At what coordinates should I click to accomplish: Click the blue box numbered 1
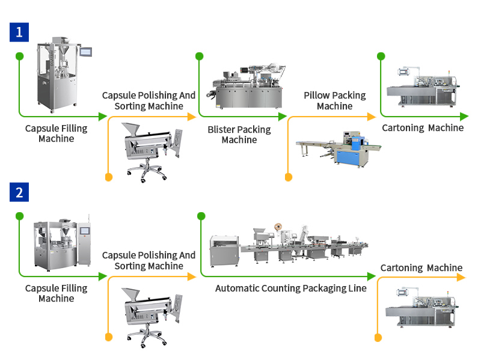point(19,32)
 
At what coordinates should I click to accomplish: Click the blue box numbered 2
point(19,192)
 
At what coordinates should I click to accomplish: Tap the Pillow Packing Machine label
point(334,100)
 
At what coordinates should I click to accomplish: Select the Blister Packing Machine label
point(239,135)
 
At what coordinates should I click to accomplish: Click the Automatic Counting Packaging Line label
point(291,288)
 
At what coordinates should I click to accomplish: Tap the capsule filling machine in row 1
point(58,72)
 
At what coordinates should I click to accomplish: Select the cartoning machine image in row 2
point(422,307)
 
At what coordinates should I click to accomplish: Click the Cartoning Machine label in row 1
point(423,127)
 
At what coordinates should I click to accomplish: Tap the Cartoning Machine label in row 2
point(421,267)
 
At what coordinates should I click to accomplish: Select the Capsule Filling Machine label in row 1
point(56,133)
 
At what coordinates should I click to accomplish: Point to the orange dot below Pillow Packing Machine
point(288,177)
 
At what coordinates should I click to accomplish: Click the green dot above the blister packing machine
point(200,56)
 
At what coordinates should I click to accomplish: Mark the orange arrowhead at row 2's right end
point(461,277)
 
